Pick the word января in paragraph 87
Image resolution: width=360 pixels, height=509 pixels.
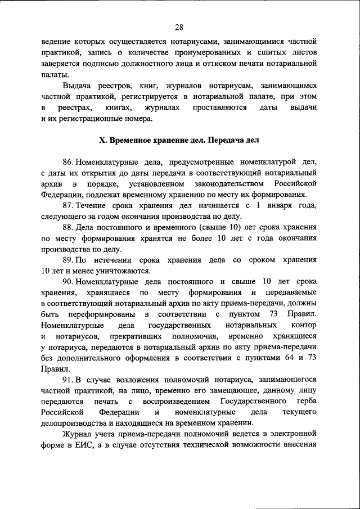point(268,206)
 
